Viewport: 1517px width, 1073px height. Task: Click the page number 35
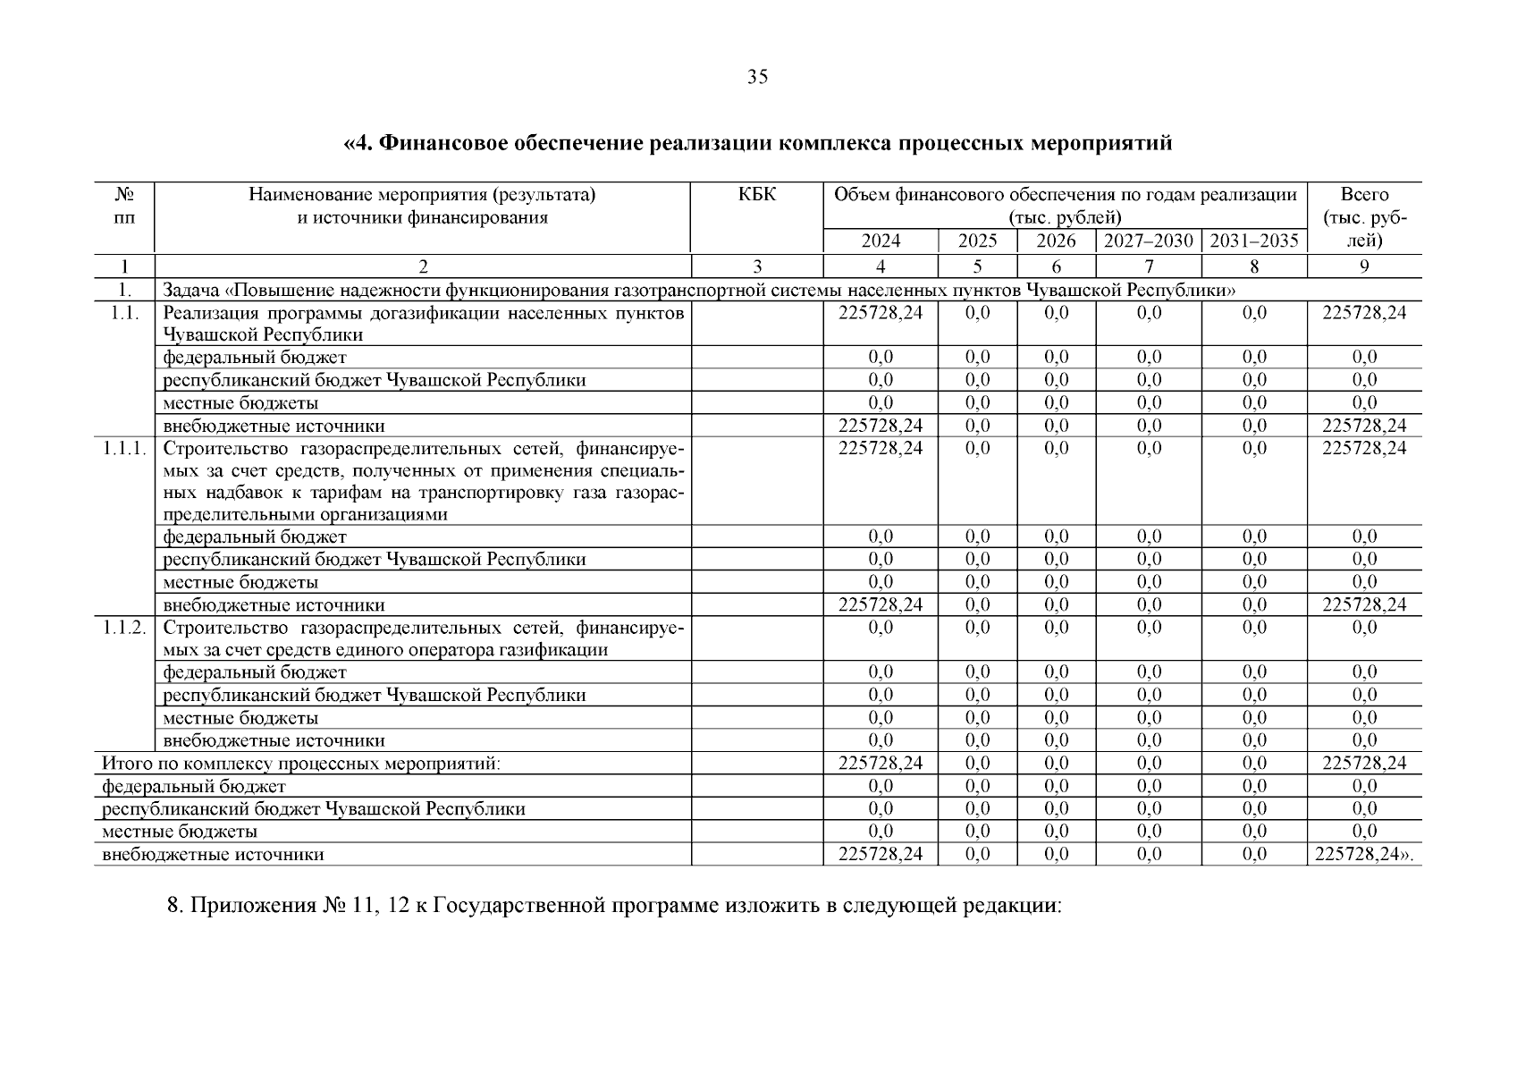point(757,78)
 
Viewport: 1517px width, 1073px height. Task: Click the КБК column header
point(757,195)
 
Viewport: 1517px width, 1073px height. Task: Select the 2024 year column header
point(881,241)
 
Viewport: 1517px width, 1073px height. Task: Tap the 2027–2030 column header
point(1149,241)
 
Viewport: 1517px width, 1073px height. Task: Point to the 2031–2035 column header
point(1254,241)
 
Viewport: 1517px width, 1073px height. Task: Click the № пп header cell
point(125,206)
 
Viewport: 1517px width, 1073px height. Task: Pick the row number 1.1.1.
point(124,448)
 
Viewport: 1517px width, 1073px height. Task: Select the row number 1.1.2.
point(124,628)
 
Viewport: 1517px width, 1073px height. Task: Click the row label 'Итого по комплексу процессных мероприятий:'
point(301,764)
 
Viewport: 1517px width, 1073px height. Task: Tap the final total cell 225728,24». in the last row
point(1365,854)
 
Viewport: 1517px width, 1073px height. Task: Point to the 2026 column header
point(1056,241)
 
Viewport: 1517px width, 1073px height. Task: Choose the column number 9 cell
point(1364,266)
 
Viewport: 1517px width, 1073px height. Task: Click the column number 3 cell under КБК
point(757,266)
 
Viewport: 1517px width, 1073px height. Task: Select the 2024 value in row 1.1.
point(881,313)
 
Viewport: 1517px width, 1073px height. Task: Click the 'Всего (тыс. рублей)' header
point(1364,217)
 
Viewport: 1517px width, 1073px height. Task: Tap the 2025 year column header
point(977,241)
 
